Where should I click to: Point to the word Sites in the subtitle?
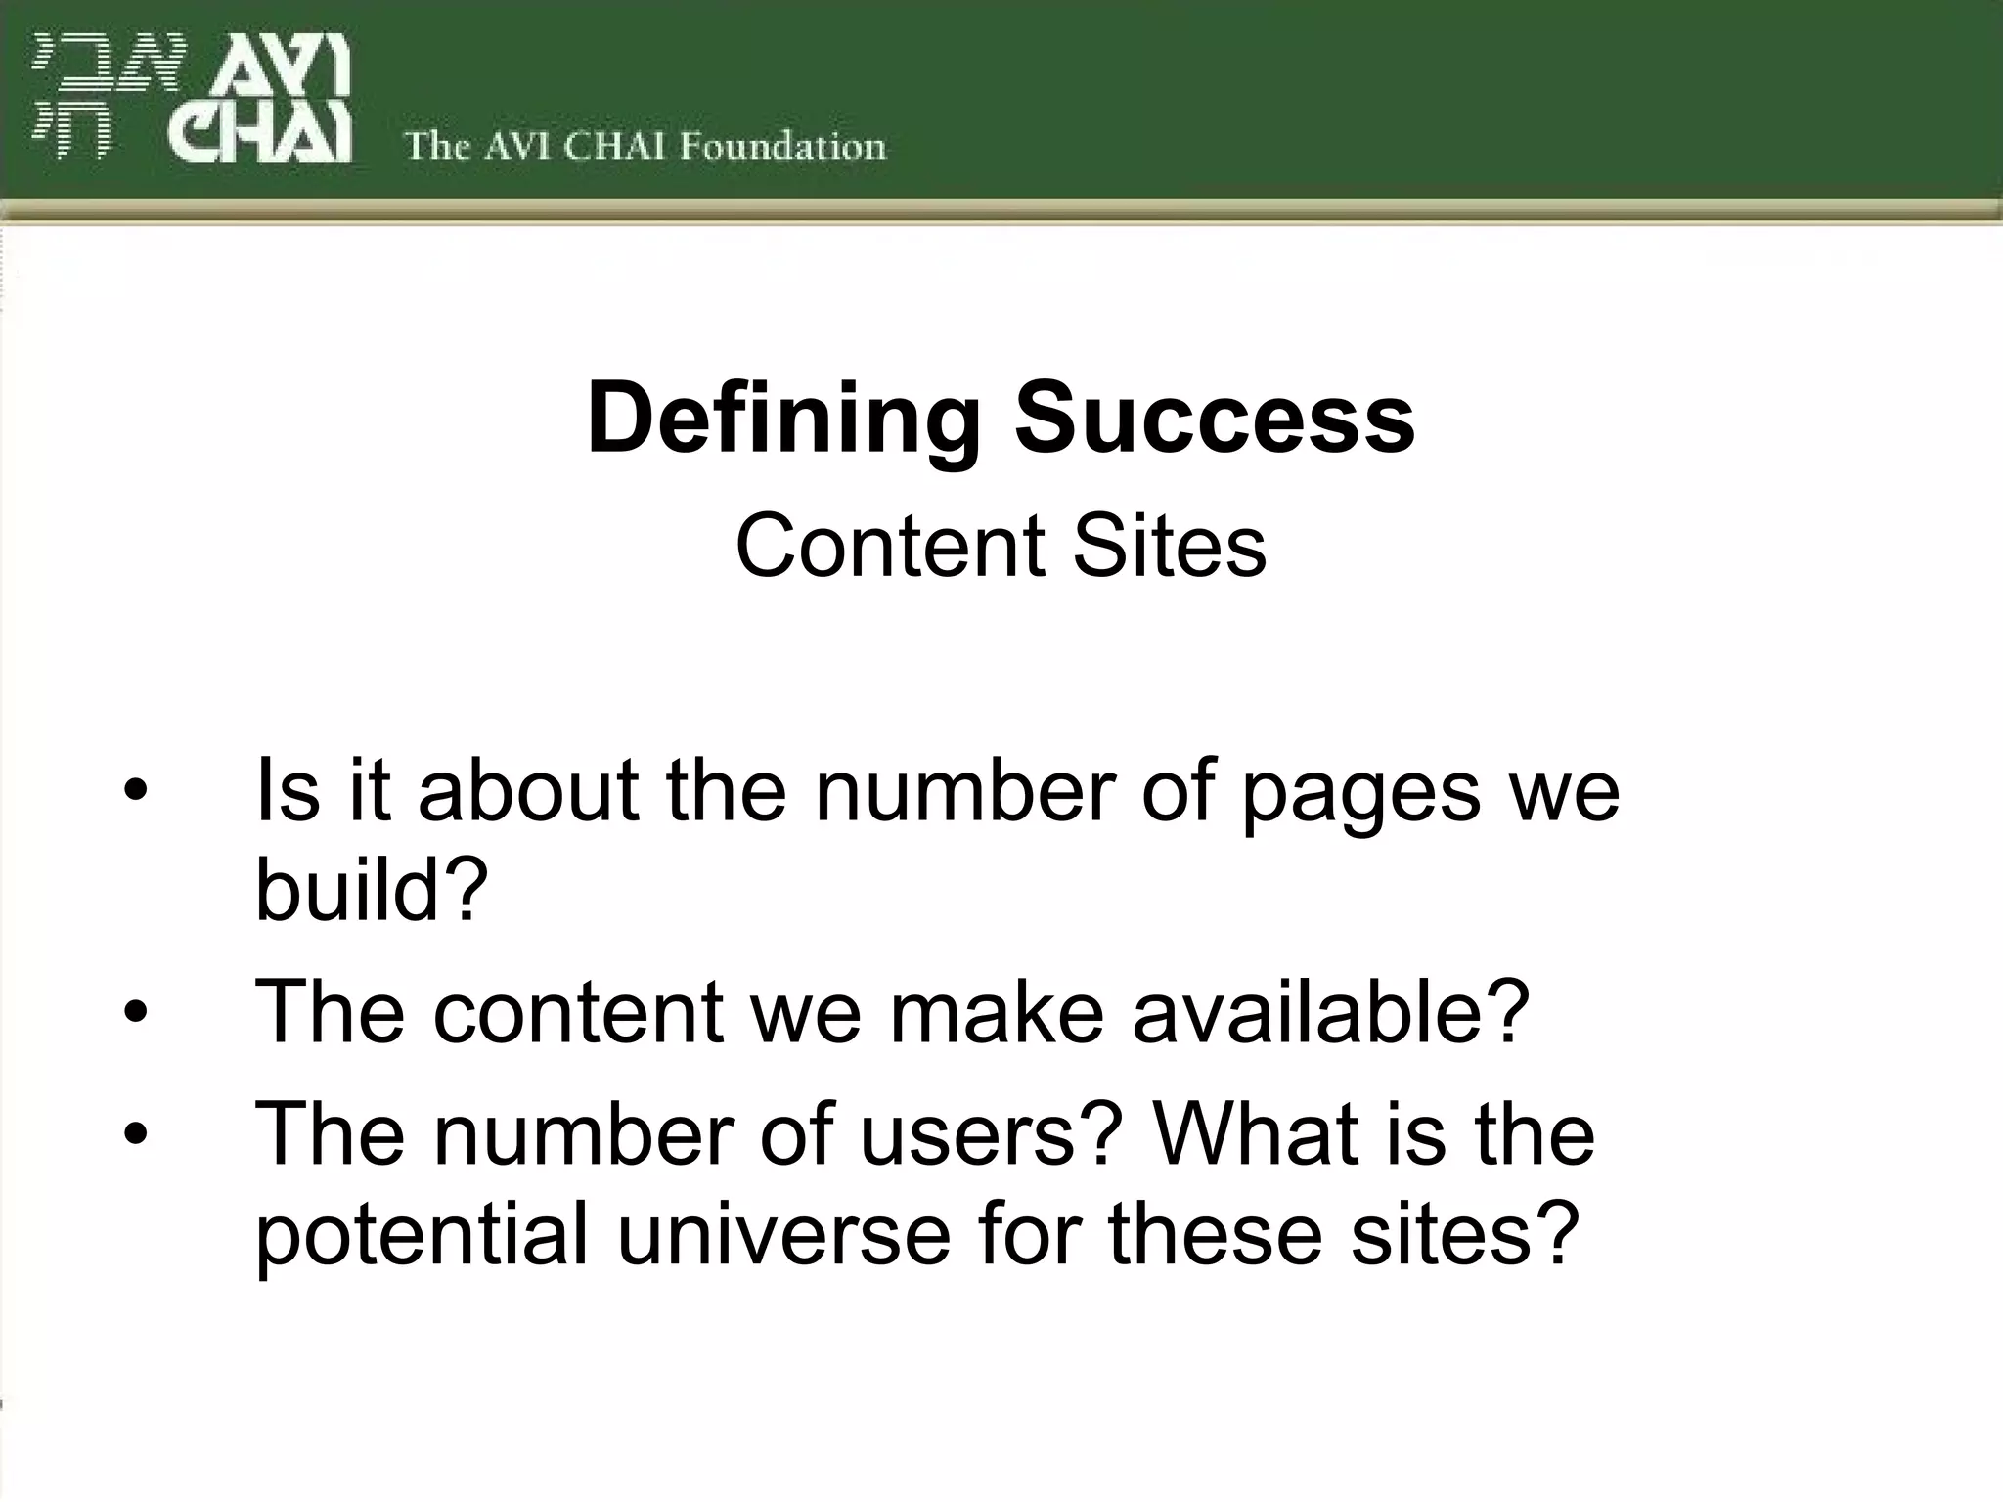pyautogui.click(x=1169, y=546)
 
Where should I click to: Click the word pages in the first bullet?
pyautogui.click(x=1361, y=792)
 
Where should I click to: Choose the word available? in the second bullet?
pyautogui.click(x=1330, y=1011)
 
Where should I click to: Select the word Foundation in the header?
pyautogui.click(x=782, y=147)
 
